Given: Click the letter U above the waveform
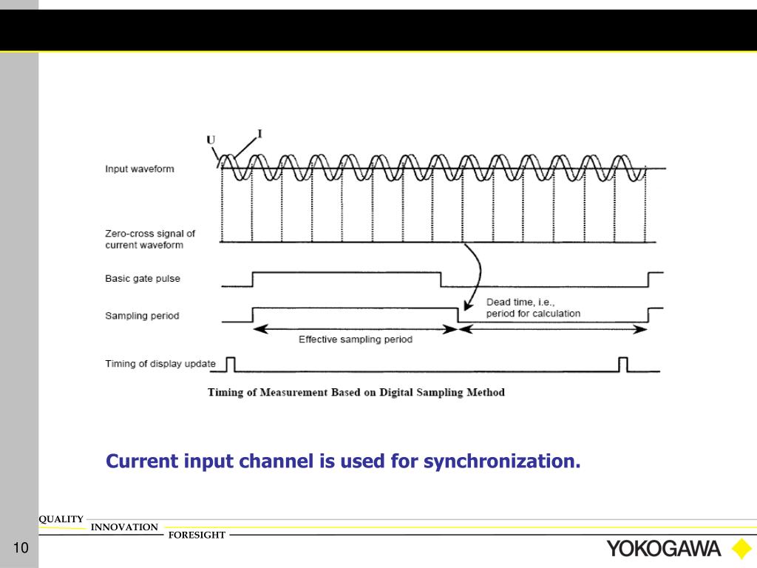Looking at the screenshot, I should point(211,140).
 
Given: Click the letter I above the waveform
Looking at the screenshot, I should point(259,134).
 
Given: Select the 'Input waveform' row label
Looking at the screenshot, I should point(140,169).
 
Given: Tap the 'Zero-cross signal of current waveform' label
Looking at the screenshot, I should point(150,239).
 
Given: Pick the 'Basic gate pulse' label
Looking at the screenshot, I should point(143,279).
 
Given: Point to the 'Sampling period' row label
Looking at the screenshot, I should point(142,316).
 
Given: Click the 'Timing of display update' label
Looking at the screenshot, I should point(160,363).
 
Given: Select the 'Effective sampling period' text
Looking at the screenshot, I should point(356,339).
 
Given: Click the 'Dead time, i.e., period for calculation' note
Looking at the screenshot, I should point(533,308).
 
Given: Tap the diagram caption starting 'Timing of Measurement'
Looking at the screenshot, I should point(356,392).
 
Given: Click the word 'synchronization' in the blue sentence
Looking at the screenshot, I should point(502,461).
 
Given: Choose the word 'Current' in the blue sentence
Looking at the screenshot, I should point(141,461).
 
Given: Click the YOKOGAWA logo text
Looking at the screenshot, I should point(663,548).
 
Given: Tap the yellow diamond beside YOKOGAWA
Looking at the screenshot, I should point(741,548).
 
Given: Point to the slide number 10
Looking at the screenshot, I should point(19,548).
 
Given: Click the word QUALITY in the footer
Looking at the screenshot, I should point(61,519).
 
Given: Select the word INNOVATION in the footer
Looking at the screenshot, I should point(124,527).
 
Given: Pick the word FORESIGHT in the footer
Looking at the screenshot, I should point(197,535).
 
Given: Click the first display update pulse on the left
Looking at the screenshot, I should point(231,363).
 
